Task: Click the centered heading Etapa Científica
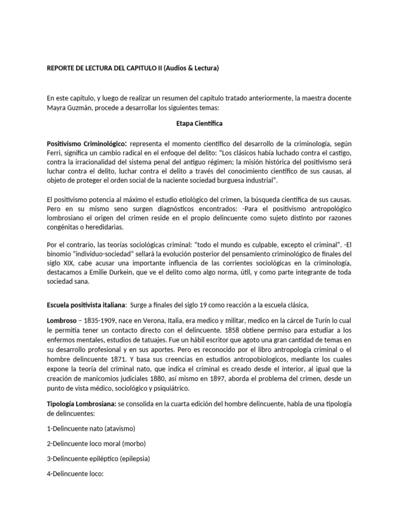199,124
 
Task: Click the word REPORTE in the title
63,68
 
